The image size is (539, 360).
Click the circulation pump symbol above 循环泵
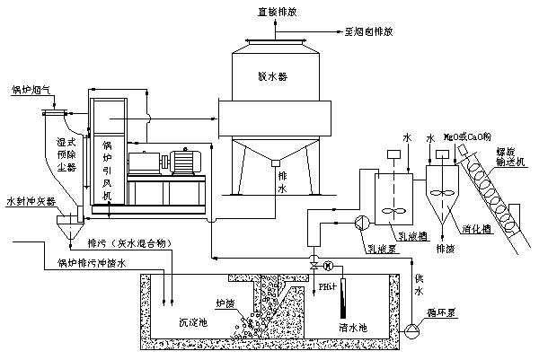point(411,327)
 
